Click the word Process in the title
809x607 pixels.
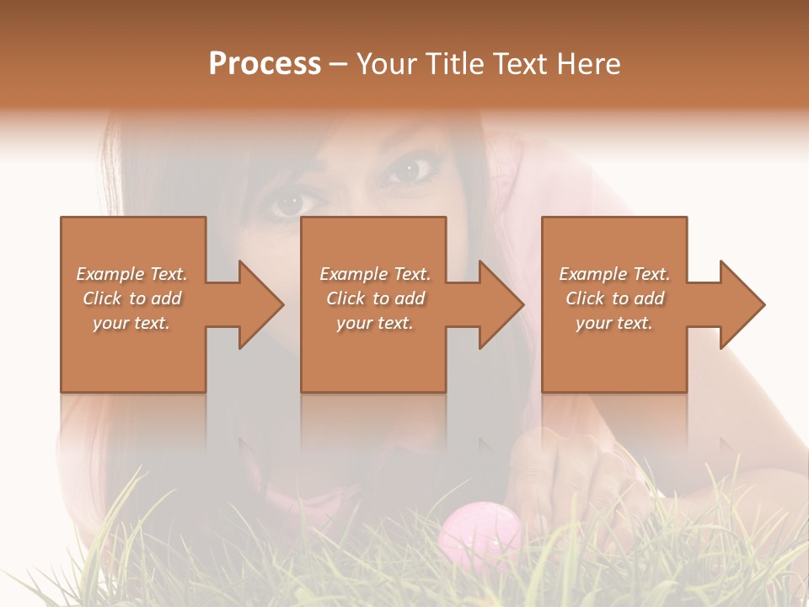pyautogui.click(x=265, y=64)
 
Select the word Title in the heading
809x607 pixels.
pyautogui.click(x=453, y=64)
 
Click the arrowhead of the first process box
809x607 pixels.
pyautogui.click(x=261, y=304)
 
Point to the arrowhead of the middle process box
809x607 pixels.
pyautogui.click(x=501, y=304)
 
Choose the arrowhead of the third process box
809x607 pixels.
pyautogui.click(x=742, y=304)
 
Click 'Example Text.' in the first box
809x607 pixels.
pyautogui.click(x=131, y=274)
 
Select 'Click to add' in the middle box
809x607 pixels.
pyautogui.click(x=375, y=298)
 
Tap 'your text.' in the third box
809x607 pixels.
pyautogui.click(x=614, y=323)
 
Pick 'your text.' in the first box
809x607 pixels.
pyautogui.click(x=131, y=323)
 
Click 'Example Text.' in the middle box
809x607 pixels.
pyautogui.click(x=375, y=274)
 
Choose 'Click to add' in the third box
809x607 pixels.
pyautogui.click(x=614, y=298)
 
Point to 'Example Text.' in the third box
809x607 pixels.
pyautogui.click(x=614, y=274)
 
